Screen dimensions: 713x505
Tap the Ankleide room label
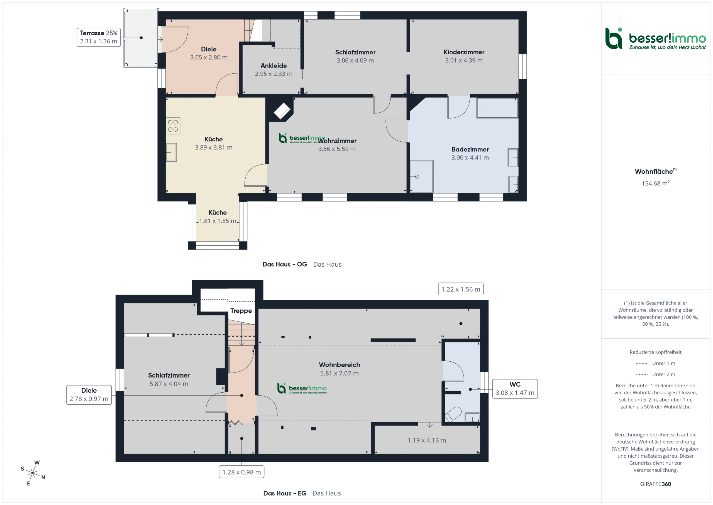274,66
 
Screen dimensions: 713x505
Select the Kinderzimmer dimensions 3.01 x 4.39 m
464,61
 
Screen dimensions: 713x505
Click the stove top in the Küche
173,126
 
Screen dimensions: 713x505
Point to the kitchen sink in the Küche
171,152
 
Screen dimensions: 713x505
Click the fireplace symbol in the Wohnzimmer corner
282,111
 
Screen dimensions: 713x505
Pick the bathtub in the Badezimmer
497,108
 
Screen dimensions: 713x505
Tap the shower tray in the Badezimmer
421,176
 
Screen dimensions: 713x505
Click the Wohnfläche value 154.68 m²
656,183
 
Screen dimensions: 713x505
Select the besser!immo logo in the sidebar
655,39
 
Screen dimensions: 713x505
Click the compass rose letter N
43,477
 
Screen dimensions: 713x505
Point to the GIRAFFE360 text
656,484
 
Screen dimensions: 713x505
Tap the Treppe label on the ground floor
241,311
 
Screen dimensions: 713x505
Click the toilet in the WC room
453,414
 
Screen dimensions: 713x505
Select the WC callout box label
515,389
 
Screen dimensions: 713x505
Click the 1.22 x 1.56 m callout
461,289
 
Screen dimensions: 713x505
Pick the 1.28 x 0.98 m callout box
241,472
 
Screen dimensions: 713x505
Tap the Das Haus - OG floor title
285,264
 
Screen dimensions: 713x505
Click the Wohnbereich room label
340,365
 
